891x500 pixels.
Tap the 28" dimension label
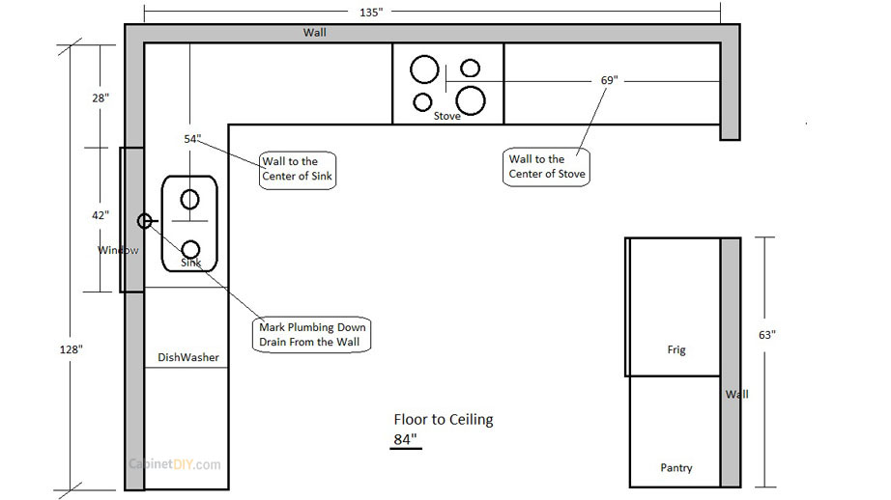click(x=101, y=97)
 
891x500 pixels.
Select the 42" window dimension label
click(x=101, y=215)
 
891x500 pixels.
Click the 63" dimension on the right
click(x=767, y=335)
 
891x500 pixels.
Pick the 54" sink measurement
click(x=192, y=139)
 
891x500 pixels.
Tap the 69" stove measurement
click(x=608, y=81)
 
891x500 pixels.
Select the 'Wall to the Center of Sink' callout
click(x=297, y=168)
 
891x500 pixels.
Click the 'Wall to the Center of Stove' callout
click(x=547, y=167)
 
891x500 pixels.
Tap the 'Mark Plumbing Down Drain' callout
click(x=313, y=335)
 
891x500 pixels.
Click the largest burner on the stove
click(x=471, y=99)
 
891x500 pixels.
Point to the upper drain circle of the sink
click(x=189, y=200)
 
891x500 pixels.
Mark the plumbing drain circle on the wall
click(x=145, y=221)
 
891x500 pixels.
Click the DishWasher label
click(x=188, y=357)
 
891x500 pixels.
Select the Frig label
click(x=676, y=349)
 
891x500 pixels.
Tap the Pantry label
click(x=676, y=468)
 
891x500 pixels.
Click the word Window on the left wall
click(x=118, y=250)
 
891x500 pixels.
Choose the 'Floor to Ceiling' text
click(x=443, y=420)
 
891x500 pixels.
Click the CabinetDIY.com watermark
click(x=175, y=464)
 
